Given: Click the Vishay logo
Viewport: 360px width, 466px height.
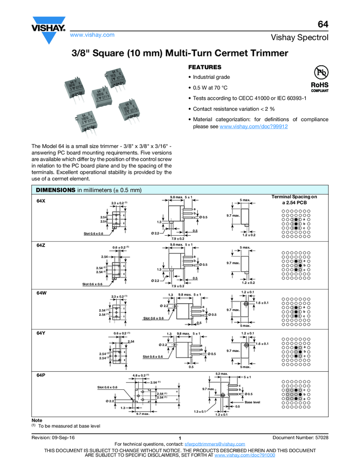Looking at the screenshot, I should (x=48, y=32).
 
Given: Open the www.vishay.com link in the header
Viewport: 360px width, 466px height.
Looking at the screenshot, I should (x=92, y=35).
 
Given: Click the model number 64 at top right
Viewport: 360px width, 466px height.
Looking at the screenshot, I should (x=323, y=25).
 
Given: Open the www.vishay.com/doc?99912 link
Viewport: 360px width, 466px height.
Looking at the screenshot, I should (x=254, y=126).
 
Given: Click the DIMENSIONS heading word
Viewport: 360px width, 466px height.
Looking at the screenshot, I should (x=55, y=190).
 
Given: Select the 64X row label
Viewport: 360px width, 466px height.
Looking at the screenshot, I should (x=41, y=201).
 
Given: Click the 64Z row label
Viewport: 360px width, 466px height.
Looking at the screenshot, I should (x=41, y=245).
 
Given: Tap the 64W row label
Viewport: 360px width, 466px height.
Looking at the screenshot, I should (x=41, y=293).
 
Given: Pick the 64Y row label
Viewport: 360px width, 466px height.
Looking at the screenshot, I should (x=41, y=333).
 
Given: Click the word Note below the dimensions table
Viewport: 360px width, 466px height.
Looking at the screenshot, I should (x=37, y=420).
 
